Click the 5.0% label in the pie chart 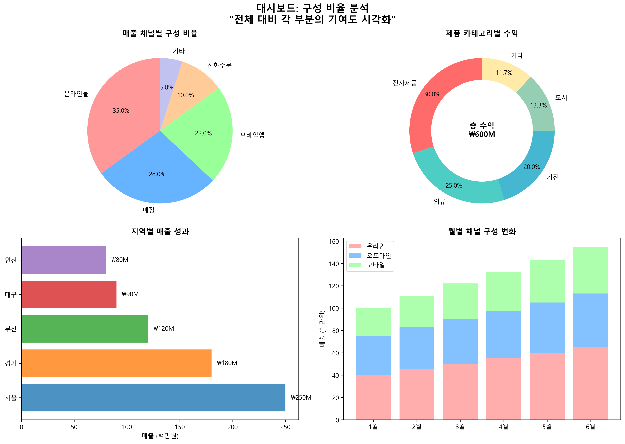[x=167, y=87]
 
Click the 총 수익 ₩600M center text [x=482, y=130]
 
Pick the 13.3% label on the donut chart [x=538, y=105]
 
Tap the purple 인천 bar [x=63, y=260]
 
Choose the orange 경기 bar [x=116, y=363]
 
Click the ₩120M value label [x=164, y=329]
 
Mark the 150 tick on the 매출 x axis [x=180, y=427]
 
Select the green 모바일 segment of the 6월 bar [x=590, y=270]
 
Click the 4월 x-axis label [x=503, y=426]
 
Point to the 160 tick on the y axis [x=336, y=241]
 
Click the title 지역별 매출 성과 [x=160, y=232]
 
